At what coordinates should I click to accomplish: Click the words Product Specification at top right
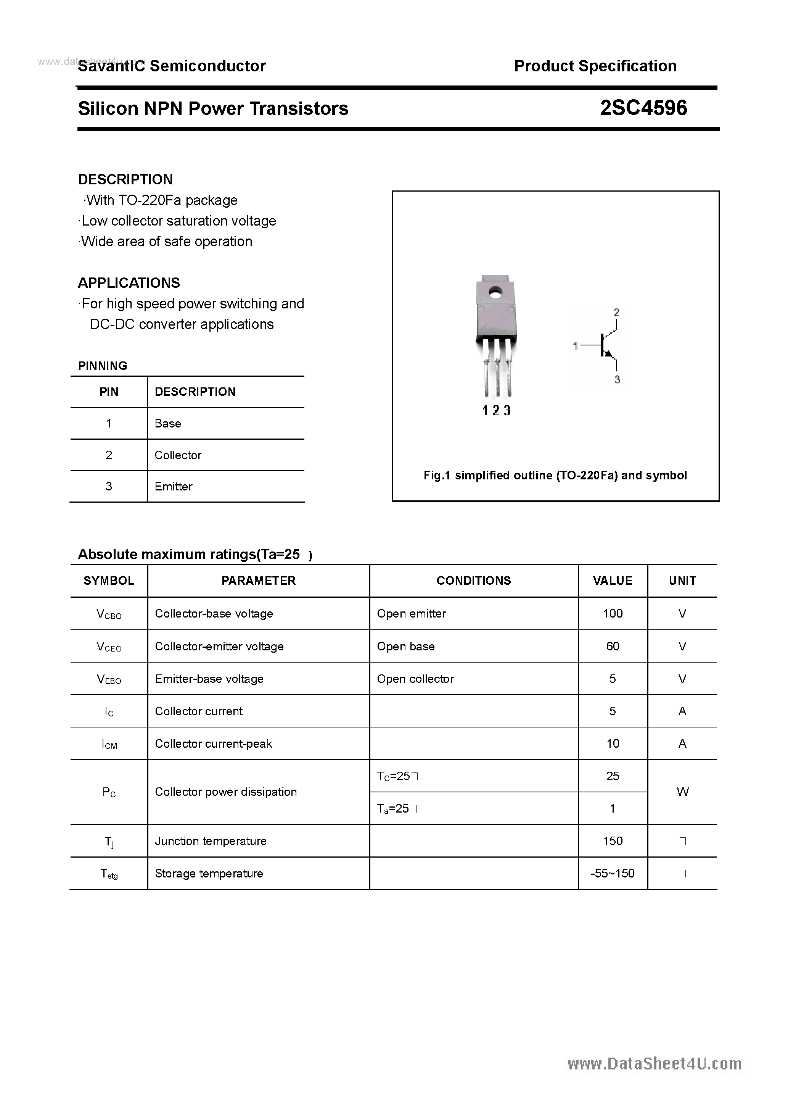coord(595,66)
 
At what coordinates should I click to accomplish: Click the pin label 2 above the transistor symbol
coord(616,311)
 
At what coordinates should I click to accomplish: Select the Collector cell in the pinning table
coord(178,455)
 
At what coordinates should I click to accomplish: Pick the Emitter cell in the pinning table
coord(174,486)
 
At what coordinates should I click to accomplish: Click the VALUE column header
coord(612,581)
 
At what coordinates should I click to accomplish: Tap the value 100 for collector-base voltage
coord(613,613)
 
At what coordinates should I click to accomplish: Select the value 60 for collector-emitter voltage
coord(613,646)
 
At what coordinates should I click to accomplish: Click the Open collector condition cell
coord(415,679)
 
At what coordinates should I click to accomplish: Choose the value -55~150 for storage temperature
coord(613,874)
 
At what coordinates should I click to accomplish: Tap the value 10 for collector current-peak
coord(613,743)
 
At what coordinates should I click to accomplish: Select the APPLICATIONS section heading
coord(129,283)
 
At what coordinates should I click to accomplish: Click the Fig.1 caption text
coord(555,476)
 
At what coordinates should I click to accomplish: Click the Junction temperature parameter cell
coord(211,841)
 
